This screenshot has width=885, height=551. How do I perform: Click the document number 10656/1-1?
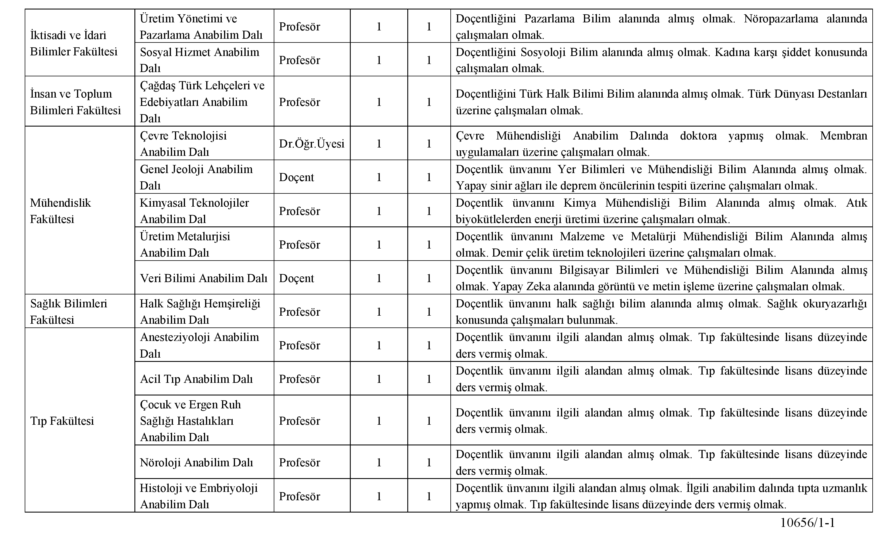(807, 523)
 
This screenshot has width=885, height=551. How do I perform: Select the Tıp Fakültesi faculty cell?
(62, 421)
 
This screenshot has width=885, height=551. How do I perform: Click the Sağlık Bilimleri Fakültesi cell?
(69, 312)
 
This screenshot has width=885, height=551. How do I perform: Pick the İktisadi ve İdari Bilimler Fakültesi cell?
(74, 43)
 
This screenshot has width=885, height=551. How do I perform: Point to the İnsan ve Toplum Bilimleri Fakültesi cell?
(75, 102)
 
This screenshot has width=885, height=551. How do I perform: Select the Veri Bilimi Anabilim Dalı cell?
(203, 278)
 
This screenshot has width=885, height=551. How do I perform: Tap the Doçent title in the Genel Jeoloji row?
(296, 177)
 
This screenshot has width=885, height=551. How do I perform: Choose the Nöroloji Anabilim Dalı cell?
(196, 462)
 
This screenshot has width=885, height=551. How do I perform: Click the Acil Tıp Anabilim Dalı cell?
(196, 379)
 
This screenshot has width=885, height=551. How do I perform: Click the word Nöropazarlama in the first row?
(781, 19)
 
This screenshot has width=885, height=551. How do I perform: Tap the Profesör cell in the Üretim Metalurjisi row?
(299, 245)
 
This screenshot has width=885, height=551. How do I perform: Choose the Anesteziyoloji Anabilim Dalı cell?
(199, 345)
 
